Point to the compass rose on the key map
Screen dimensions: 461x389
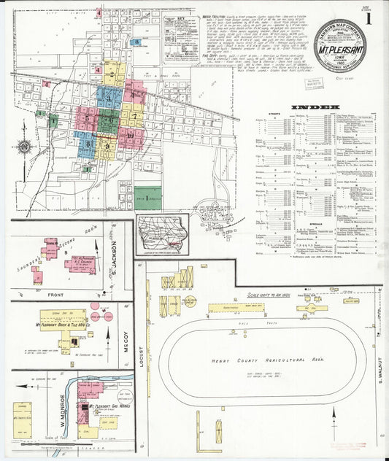23,147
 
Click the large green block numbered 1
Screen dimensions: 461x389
148,198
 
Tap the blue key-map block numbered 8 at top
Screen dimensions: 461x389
136,42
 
